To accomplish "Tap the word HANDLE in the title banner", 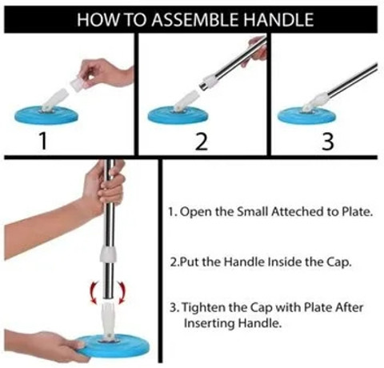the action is tap(278, 20).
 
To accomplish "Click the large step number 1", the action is tap(43, 141).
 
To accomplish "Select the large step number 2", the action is tap(202, 142).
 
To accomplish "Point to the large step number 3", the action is tap(328, 142).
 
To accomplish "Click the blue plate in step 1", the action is tap(46, 115).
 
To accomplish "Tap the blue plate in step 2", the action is tap(178, 115).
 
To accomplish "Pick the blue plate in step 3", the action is tap(306, 115).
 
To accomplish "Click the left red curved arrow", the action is tap(94, 293).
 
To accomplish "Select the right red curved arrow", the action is tap(122, 293).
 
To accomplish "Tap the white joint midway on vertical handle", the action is tap(108, 254).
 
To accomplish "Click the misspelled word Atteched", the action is tap(297, 212).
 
